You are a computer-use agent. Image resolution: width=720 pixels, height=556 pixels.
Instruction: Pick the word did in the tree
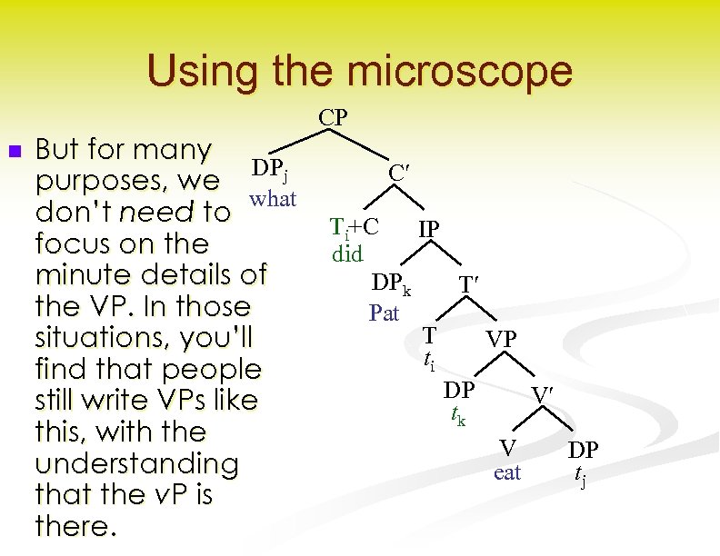347,253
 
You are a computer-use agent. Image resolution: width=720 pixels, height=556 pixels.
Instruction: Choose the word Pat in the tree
385,313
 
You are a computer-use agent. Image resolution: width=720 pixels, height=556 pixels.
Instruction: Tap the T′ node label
469,285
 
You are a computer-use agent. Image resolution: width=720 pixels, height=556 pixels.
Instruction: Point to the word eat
507,472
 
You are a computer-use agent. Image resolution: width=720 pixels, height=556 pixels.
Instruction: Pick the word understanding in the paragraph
136,463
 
